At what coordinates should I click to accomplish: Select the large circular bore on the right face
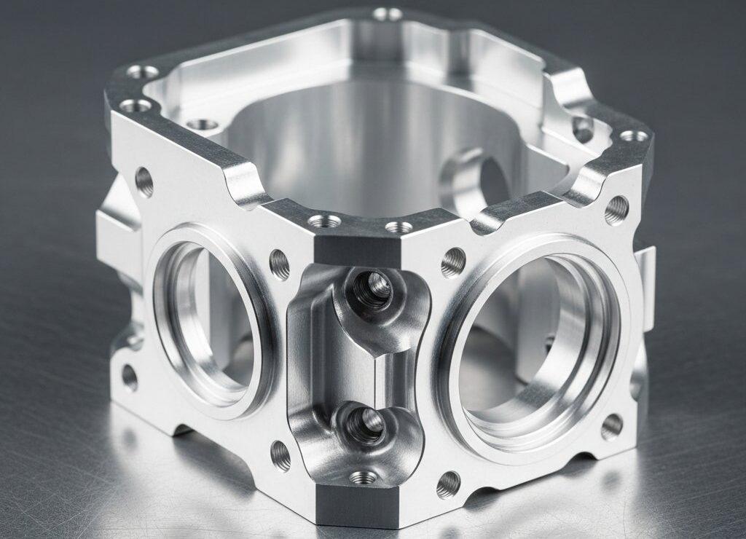click(x=535, y=342)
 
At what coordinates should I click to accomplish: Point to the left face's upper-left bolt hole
click(x=144, y=182)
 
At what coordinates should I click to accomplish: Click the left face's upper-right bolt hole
click(x=280, y=264)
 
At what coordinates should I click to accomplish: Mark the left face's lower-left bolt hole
click(x=130, y=377)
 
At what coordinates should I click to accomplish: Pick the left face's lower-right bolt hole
click(x=280, y=456)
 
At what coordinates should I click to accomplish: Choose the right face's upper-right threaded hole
click(x=616, y=210)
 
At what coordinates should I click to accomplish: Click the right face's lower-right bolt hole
click(x=612, y=427)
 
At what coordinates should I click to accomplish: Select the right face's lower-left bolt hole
click(x=448, y=484)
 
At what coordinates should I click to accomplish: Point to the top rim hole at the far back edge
click(x=387, y=14)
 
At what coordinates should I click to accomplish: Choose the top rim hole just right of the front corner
click(x=398, y=227)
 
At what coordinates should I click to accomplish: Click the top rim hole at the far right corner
click(x=633, y=135)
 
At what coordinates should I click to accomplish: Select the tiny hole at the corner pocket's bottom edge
click(x=362, y=478)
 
